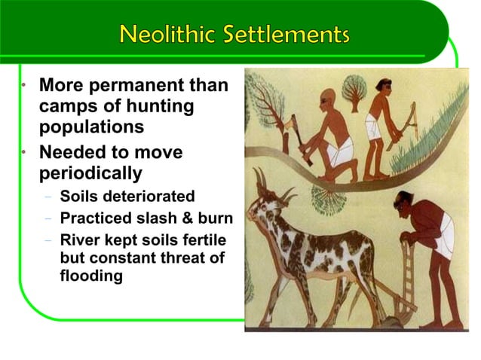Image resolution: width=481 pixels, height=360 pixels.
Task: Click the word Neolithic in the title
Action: [165, 34]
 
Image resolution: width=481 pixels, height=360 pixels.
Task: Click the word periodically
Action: [90, 173]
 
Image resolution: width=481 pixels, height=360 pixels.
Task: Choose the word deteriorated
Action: [149, 197]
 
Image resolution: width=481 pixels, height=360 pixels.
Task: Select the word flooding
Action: [91, 276]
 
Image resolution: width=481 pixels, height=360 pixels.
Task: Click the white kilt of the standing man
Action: [374, 128]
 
